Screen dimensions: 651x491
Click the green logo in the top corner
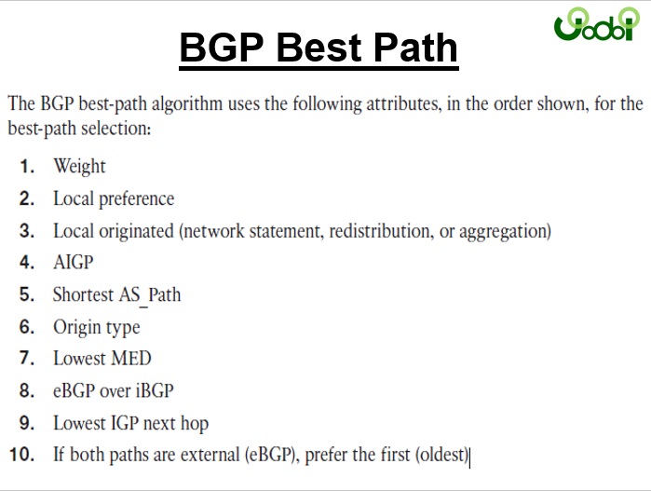597,24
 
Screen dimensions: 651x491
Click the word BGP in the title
222,47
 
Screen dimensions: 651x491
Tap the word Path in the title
415,47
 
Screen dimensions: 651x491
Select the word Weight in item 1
79,166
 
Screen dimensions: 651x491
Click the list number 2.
27,198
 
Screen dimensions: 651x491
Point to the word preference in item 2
137,199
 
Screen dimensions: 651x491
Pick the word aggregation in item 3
505,231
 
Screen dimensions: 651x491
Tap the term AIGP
73,263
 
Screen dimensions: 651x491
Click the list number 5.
27,294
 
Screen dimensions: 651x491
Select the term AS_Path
150,295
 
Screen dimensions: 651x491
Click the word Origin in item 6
72,328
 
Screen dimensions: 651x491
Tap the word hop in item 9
195,424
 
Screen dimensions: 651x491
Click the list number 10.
21,455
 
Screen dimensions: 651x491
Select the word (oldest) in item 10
441,455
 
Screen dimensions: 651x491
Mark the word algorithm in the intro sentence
187,103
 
